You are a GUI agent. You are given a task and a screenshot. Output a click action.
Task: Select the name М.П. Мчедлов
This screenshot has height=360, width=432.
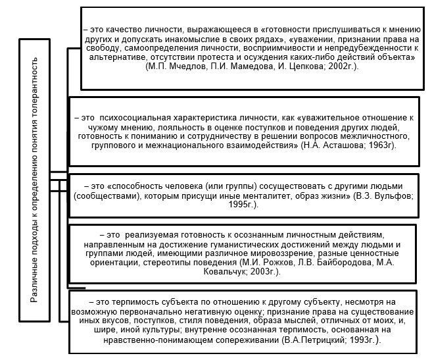(x=174, y=68)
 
